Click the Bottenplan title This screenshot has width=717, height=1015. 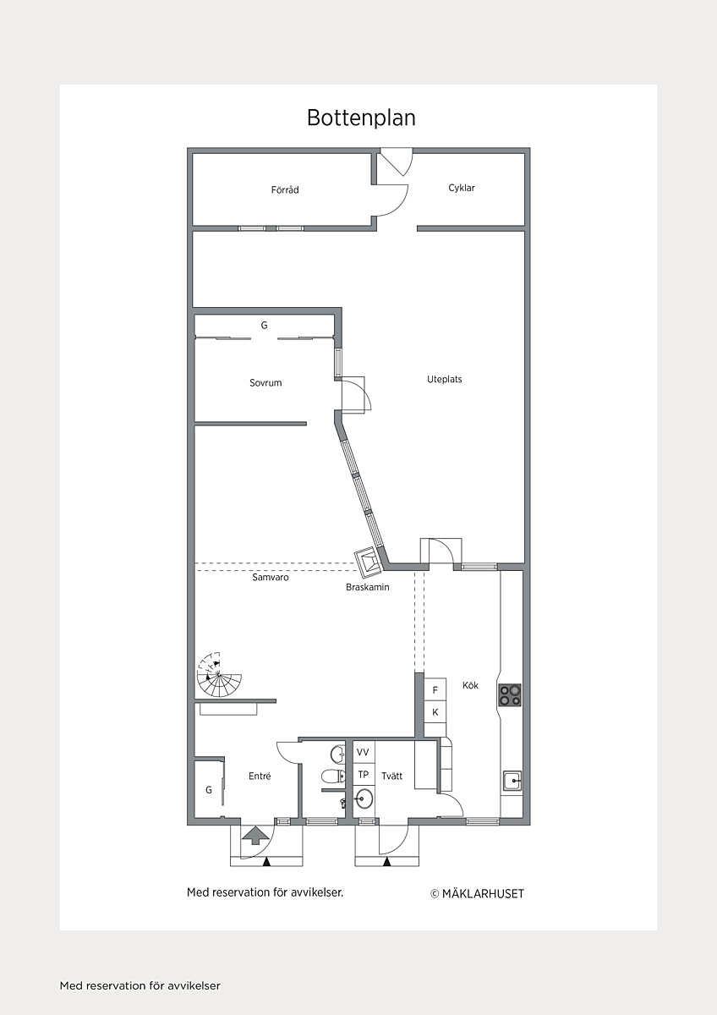361,118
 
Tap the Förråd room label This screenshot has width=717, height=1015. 285,189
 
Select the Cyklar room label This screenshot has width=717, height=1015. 462,188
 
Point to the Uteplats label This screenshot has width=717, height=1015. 445,379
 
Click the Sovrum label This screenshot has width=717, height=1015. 265,383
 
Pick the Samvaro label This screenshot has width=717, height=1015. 271,577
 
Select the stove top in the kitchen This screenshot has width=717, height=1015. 510,695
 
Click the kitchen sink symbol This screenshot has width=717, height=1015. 512,781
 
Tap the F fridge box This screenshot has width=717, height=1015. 435,690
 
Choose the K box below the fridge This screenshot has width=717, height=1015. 435,712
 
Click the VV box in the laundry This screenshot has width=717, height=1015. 364,752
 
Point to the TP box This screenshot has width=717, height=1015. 364,775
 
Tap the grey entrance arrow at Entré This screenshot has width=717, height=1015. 255,835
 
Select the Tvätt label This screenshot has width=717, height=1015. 391,776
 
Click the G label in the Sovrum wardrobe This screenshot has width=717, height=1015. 264,325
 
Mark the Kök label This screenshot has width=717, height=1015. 470,686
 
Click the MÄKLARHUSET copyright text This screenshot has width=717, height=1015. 477,894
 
